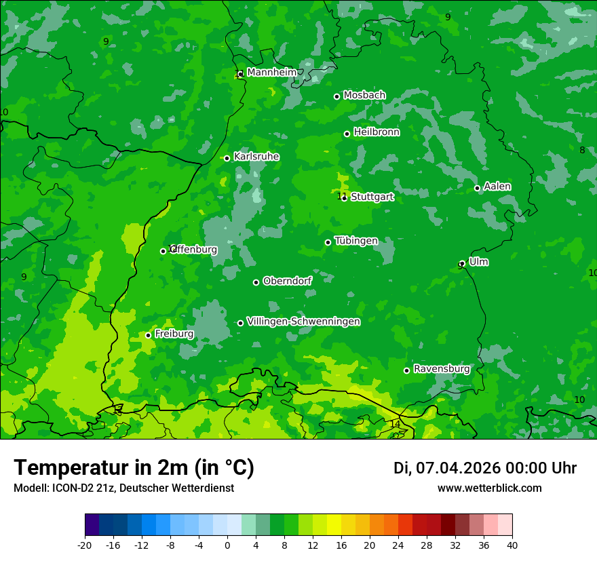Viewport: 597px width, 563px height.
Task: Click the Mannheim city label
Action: (271, 73)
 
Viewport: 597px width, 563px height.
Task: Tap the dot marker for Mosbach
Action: (336, 96)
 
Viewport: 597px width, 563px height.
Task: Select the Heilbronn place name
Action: (377, 132)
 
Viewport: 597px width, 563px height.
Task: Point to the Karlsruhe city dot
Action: (227, 158)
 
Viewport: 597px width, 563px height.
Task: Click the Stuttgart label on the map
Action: (372, 197)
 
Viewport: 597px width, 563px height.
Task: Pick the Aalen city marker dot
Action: (477, 188)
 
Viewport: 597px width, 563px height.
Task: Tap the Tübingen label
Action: (356, 241)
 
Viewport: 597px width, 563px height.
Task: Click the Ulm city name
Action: (478, 262)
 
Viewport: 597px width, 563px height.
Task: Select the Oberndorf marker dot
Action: (256, 282)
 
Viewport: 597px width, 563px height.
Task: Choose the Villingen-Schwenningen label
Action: (303, 322)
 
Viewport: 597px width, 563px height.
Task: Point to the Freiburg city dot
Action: (148, 335)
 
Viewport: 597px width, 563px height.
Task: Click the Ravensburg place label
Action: (442, 369)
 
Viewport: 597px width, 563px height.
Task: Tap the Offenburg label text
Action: (194, 250)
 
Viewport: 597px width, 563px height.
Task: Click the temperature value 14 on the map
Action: (395, 424)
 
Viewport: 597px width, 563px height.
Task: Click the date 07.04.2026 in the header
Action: (459, 468)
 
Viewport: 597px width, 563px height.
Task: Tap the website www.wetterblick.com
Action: (490, 488)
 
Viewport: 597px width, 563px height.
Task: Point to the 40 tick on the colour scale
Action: (512, 545)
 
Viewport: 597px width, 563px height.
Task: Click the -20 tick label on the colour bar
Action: (85, 545)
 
